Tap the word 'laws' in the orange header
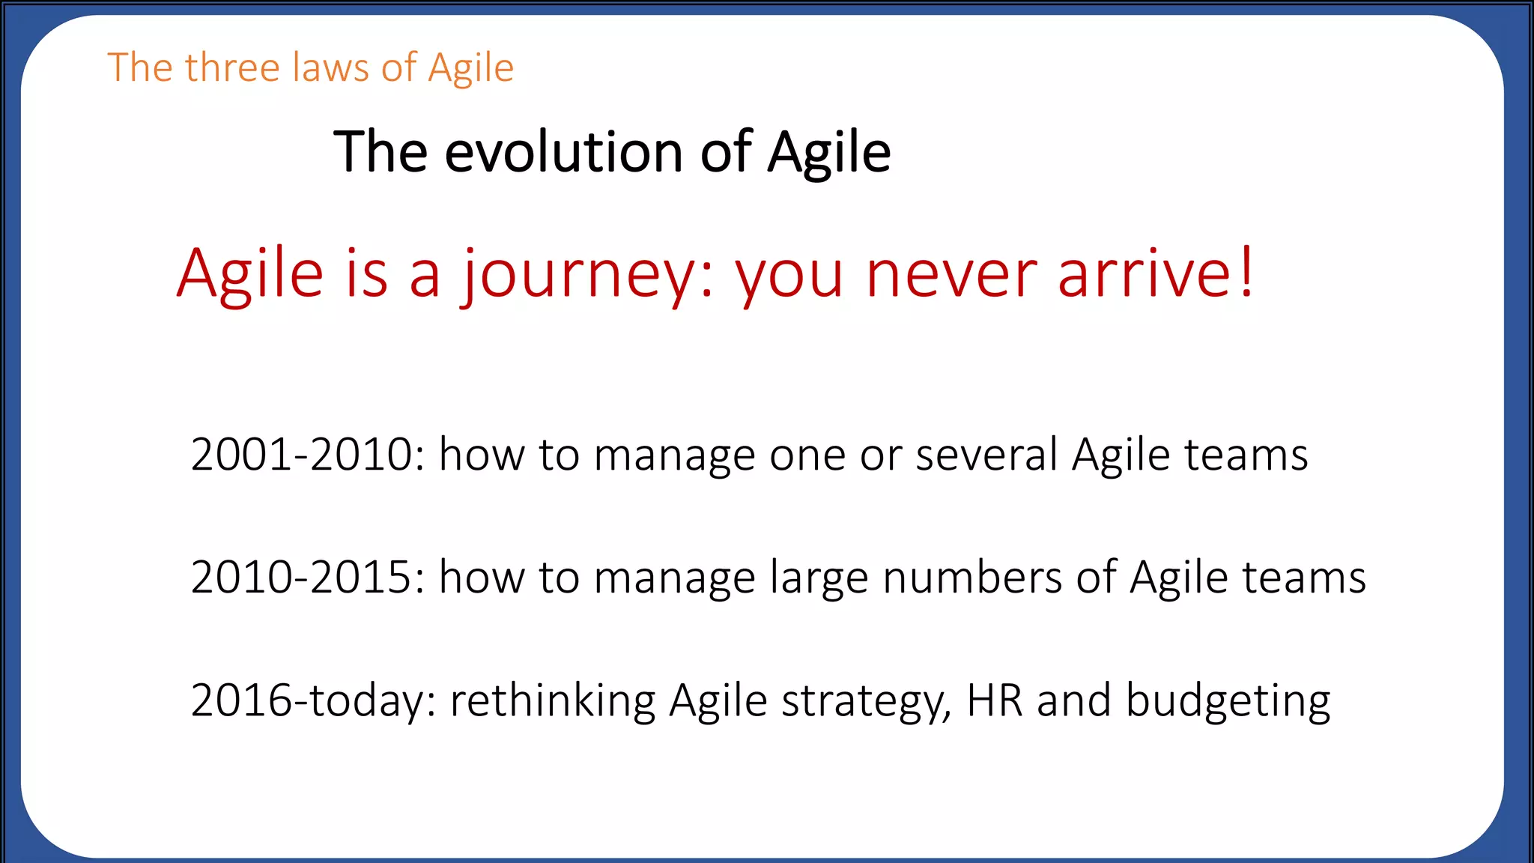click(331, 67)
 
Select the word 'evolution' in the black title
click(563, 152)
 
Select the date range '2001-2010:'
click(308, 455)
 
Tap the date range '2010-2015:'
click(308, 578)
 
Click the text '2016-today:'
click(313, 700)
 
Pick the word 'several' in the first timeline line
click(986, 455)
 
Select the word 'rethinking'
click(552, 700)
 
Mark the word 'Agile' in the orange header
click(471, 69)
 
